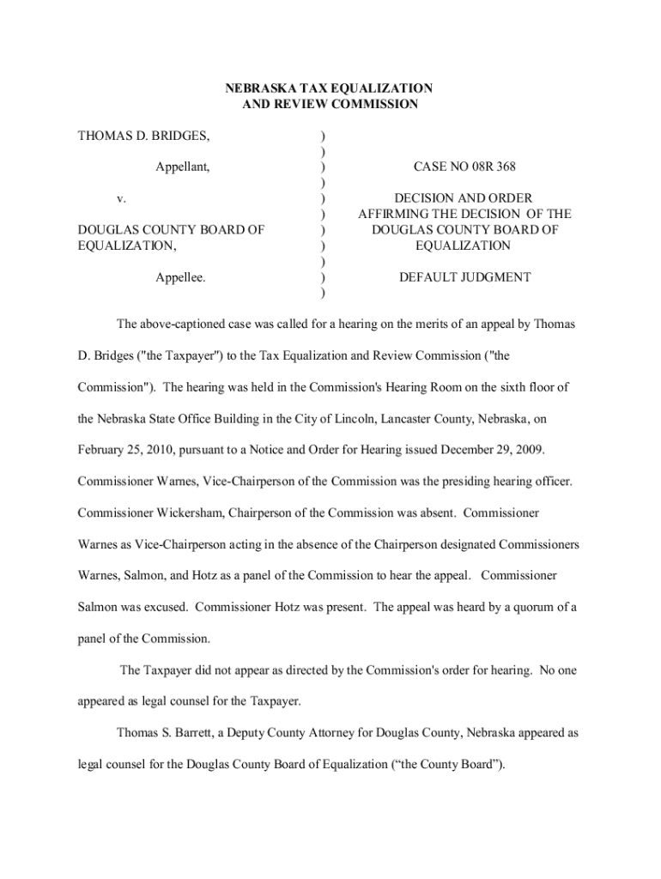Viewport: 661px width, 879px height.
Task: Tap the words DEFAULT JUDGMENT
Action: coord(464,277)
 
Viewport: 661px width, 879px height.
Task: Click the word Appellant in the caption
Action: coord(183,167)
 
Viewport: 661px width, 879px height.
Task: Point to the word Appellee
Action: coord(180,277)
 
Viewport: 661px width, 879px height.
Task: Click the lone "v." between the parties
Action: coord(122,198)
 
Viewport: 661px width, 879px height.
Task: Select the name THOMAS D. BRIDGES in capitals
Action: coord(144,136)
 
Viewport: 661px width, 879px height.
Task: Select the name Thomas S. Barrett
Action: coord(166,734)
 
